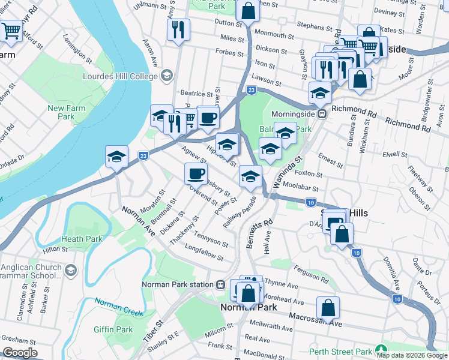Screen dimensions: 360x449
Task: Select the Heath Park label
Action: [81, 239]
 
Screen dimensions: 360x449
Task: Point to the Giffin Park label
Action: [113, 329]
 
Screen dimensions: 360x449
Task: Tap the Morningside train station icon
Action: [322, 113]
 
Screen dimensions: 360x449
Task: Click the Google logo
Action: [20, 352]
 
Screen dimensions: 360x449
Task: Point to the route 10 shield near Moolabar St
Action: [310, 203]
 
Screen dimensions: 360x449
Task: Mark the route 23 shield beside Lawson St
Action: [252, 90]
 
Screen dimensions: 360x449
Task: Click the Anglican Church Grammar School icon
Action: [71, 270]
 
